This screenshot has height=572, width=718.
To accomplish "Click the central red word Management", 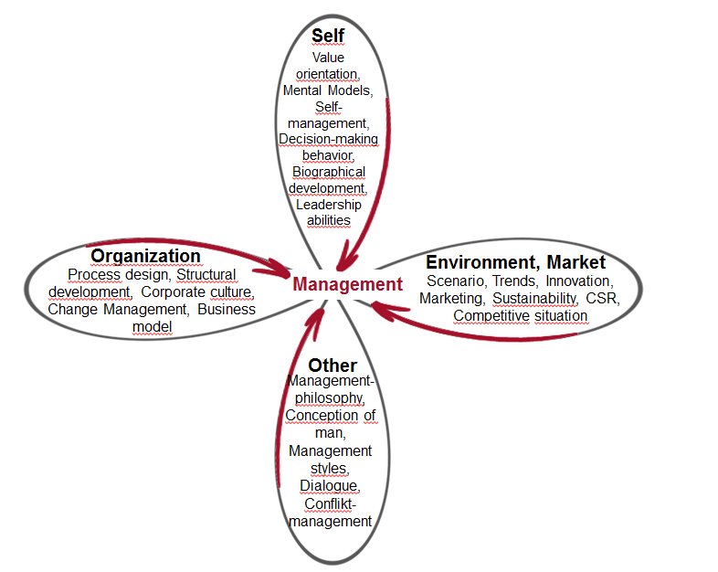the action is [x=347, y=284].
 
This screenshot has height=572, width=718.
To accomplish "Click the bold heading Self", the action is [x=328, y=36].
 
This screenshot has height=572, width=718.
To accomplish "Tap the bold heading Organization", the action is [x=145, y=256].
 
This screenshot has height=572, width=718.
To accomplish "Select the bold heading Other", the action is [x=333, y=365].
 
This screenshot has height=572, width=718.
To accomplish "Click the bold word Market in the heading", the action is [x=576, y=262].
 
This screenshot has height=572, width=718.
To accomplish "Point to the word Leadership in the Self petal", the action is [x=328, y=205].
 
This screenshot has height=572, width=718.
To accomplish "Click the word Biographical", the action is [x=329, y=172].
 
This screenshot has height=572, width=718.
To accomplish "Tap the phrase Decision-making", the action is [x=328, y=139].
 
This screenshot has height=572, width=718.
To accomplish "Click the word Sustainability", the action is [x=534, y=298].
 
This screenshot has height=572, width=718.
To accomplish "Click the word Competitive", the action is [x=491, y=315].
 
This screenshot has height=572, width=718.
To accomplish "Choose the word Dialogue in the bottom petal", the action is [x=330, y=485].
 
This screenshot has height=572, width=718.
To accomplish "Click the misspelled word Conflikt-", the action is [x=330, y=503].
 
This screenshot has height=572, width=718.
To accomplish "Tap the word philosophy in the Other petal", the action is [x=330, y=398].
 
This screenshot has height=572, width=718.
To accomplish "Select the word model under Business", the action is [x=152, y=326].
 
